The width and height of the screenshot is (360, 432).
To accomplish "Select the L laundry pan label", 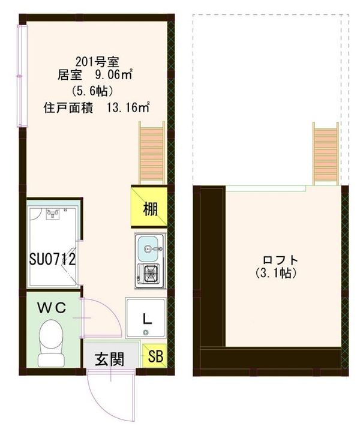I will coord(145,317).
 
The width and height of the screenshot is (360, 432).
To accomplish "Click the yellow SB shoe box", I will coord(155,356).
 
